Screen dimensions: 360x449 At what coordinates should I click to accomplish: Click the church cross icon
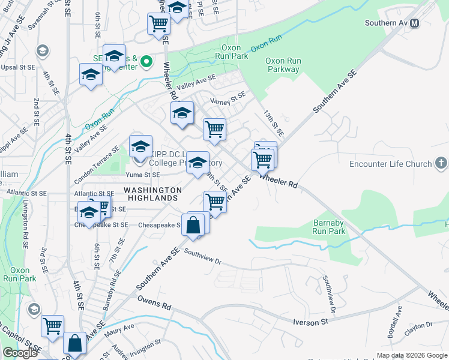pos(441,163)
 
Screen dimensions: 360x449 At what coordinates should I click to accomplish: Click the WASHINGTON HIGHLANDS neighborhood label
pos(152,194)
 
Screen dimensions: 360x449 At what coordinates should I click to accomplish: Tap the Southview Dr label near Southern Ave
pos(203,257)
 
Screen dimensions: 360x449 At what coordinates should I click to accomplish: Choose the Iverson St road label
pos(310,322)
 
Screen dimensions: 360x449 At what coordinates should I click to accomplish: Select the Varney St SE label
pos(226,98)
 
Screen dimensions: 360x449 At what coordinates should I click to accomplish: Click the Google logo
pos(20,353)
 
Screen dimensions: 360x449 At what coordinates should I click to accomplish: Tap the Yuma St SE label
pos(143,175)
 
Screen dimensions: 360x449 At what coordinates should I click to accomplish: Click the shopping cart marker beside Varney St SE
pos(214,129)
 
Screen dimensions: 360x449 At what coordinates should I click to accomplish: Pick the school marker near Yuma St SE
pos(197,163)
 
